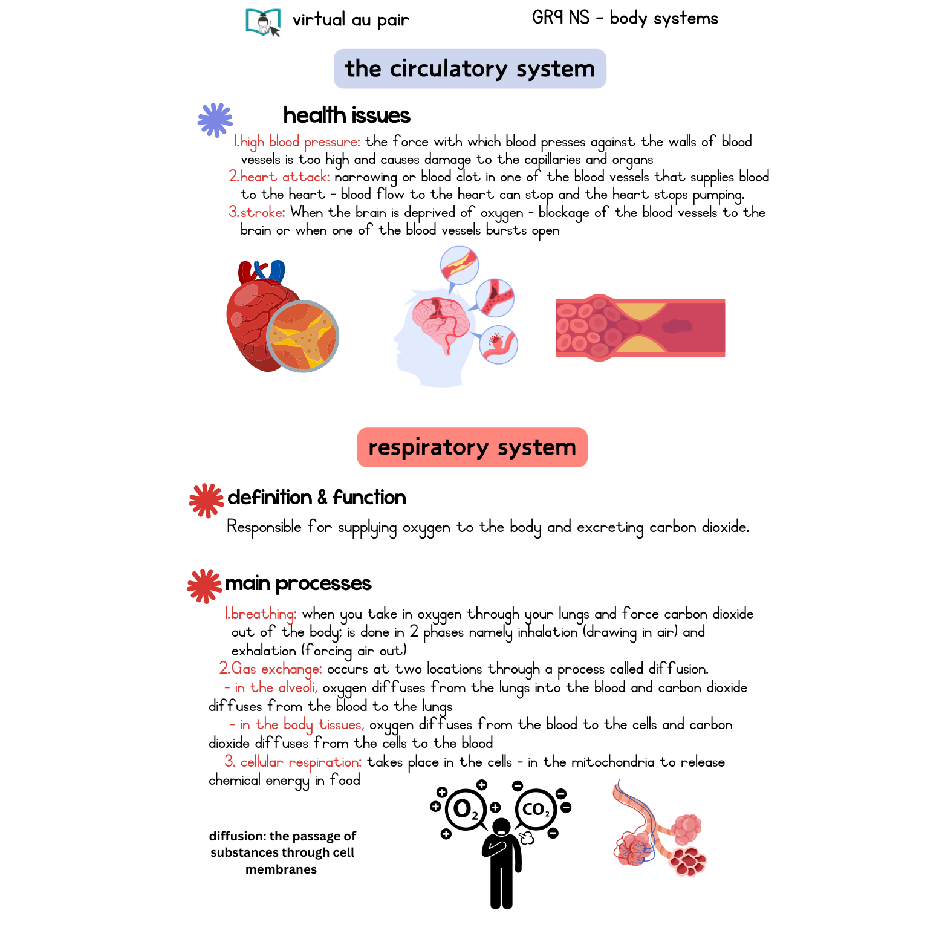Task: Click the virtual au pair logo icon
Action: point(263,22)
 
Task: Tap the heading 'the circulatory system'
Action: point(470,69)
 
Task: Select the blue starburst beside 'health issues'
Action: point(215,120)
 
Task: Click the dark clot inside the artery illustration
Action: point(677,326)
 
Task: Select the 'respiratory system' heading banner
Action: point(472,447)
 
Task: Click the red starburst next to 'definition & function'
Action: point(206,500)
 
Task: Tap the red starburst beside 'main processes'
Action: point(204,585)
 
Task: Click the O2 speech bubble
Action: point(465,809)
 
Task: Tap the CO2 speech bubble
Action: point(536,809)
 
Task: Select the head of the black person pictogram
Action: point(501,826)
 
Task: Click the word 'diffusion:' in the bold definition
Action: point(237,836)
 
